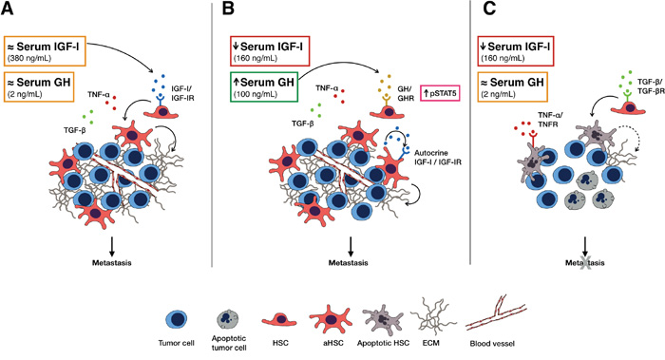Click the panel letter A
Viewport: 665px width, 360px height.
[8, 9]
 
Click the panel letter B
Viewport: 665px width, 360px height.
[228, 9]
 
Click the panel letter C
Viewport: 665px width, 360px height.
[489, 9]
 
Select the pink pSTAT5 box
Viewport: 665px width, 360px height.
[440, 93]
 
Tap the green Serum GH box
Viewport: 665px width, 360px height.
[264, 87]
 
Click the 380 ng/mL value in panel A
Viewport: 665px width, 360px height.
[29, 58]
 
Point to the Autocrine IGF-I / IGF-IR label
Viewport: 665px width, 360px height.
[437, 157]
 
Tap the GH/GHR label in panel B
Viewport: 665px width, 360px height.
[405, 94]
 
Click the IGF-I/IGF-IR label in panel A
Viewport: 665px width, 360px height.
[182, 93]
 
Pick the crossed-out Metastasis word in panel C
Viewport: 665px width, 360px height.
[585, 263]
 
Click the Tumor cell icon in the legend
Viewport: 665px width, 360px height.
[176, 319]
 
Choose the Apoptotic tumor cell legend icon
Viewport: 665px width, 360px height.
[229, 319]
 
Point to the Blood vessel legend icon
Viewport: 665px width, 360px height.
[496, 318]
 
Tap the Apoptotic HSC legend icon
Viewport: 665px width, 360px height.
[383, 319]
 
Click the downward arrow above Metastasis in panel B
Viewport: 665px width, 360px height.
[351, 246]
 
